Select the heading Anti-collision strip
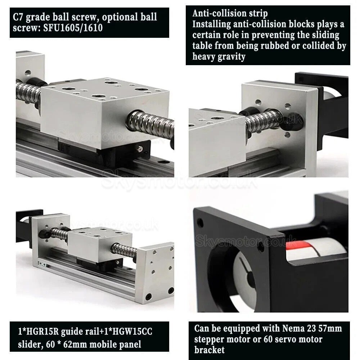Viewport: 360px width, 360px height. point(230,14)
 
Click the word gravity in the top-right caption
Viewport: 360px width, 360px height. point(231,56)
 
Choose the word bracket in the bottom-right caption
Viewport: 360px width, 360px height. point(210,350)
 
